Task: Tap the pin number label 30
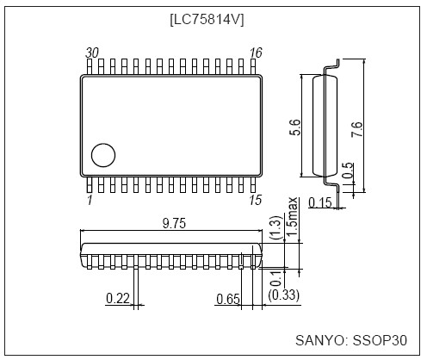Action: pos(92,53)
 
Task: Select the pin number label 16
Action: pos(254,53)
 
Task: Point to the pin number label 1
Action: pos(90,200)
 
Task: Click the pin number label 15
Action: pos(254,200)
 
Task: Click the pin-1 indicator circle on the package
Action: pos(104,155)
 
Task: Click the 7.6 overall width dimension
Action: pos(357,129)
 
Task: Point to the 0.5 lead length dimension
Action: pos(347,171)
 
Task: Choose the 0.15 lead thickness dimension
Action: pos(320,203)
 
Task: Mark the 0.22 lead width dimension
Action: pos(118,298)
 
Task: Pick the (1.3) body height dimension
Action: pos(275,228)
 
